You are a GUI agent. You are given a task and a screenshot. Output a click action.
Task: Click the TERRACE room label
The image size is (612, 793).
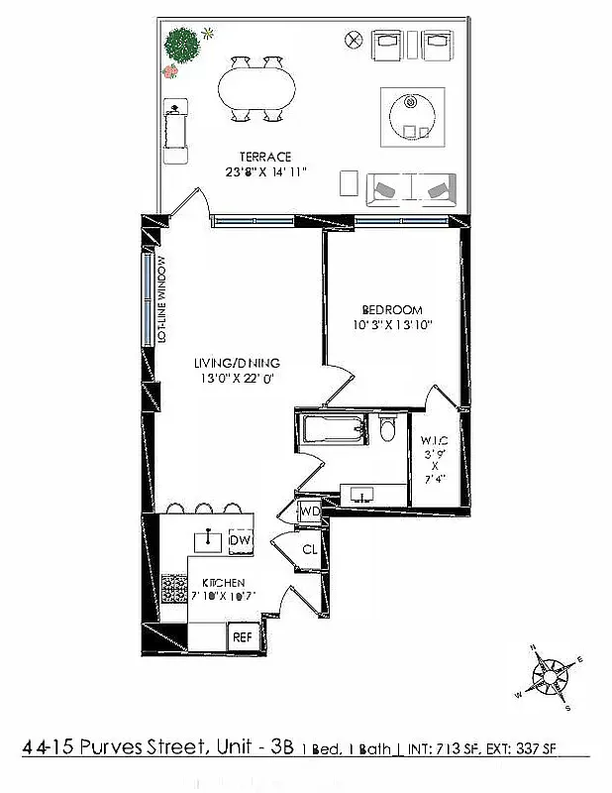tap(264, 157)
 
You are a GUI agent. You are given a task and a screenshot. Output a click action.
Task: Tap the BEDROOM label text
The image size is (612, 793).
tap(394, 309)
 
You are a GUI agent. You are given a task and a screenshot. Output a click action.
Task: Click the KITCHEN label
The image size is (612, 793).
tap(224, 582)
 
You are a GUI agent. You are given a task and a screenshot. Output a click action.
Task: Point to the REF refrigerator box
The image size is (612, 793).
tap(242, 638)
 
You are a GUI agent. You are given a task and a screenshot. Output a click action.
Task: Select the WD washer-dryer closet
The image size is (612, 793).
tap(310, 511)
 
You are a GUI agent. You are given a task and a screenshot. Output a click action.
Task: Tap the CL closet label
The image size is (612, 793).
tap(309, 549)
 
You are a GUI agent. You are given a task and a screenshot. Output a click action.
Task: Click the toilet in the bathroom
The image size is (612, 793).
tap(388, 429)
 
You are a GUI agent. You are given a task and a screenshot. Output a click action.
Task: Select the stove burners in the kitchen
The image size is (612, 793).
tap(174, 589)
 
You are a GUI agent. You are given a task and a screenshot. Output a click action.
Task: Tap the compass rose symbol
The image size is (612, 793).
tap(551, 678)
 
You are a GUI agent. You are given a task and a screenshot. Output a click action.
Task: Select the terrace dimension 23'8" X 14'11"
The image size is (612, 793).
tap(265, 172)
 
